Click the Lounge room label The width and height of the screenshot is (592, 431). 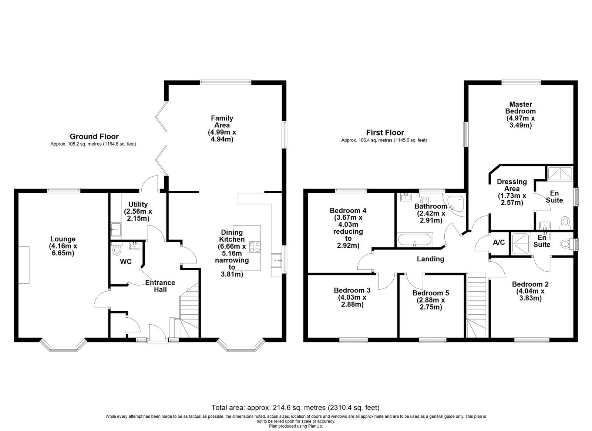pos(63,246)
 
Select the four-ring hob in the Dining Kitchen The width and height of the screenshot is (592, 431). pos(255,247)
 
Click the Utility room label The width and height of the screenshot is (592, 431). pos(138,211)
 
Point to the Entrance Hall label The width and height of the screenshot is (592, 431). pos(160,286)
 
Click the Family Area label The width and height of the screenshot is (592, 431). pos(222,129)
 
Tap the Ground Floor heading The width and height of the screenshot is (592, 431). pos(94,136)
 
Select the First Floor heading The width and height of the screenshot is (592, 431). pos(385,133)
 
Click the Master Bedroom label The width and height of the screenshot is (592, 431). pos(520,115)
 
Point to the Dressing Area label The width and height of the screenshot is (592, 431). pos(512,192)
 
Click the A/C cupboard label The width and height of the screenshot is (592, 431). pos(499,242)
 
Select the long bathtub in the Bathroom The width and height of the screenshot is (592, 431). pos(415,240)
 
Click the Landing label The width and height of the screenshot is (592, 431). pos(431,259)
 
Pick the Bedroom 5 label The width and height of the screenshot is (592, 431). pos(431,300)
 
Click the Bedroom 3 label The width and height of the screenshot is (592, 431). pos(352,297)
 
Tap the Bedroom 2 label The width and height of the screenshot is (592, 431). pos(530,291)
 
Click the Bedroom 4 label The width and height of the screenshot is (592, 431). pos(348,228)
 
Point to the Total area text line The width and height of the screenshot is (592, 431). pos(296,407)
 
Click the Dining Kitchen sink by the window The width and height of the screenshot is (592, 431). pos(277,261)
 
